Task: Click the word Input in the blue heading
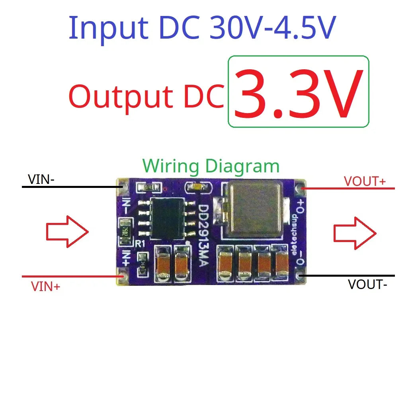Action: tap(108, 27)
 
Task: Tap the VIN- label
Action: tap(41, 180)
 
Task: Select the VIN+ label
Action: tap(45, 286)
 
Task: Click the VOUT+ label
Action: tap(365, 182)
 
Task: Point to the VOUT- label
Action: tap(367, 285)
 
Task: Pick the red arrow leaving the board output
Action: tap(354, 233)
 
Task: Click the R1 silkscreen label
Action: tap(139, 244)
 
